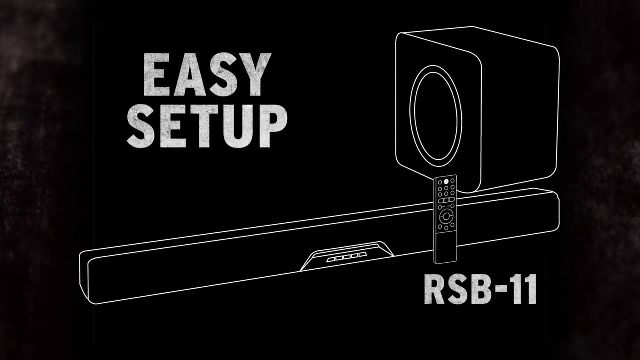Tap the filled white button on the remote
tap(446, 181)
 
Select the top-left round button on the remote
tap(440, 182)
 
